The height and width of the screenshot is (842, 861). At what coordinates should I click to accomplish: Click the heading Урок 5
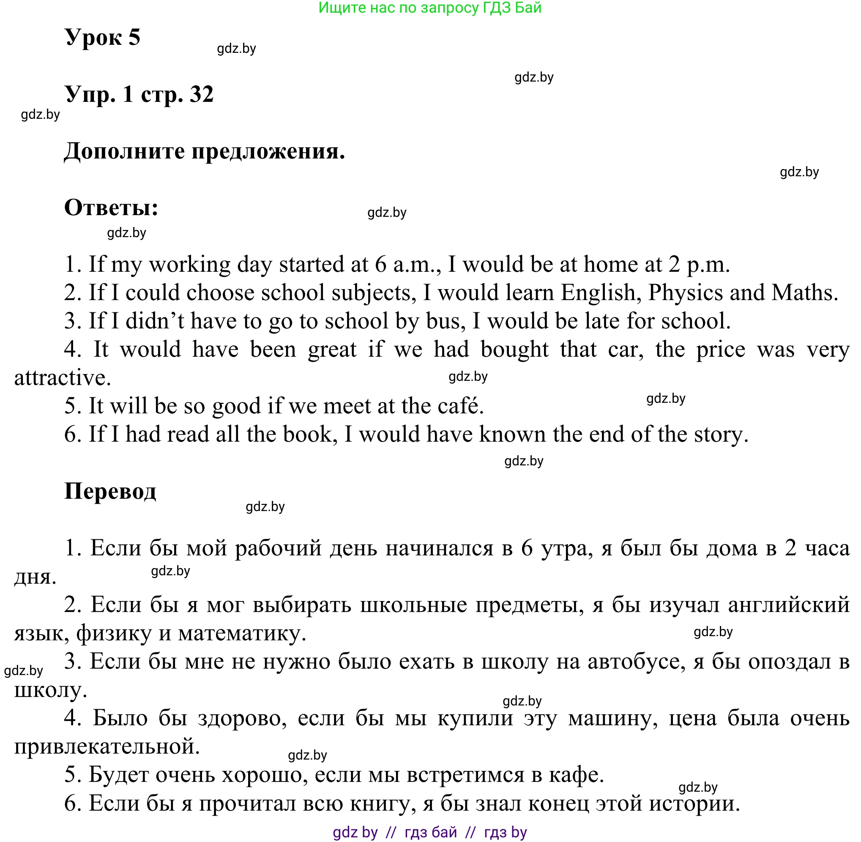click(102, 37)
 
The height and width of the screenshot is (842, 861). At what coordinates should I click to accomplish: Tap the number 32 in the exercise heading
click(202, 94)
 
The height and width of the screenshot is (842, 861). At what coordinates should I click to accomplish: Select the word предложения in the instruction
click(268, 152)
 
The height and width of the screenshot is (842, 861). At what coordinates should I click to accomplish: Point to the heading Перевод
click(110, 491)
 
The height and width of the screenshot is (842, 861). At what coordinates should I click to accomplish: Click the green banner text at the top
click(430, 8)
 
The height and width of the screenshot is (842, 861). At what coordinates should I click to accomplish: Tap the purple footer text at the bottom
click(430, 832)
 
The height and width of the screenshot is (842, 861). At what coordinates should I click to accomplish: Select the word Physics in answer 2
click(686, 293)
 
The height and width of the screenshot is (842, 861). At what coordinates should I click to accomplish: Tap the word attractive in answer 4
click(62, 377)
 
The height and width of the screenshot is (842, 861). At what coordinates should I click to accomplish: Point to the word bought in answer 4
click(514, 350)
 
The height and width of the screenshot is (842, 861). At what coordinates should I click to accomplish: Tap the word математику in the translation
click(242, 633)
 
